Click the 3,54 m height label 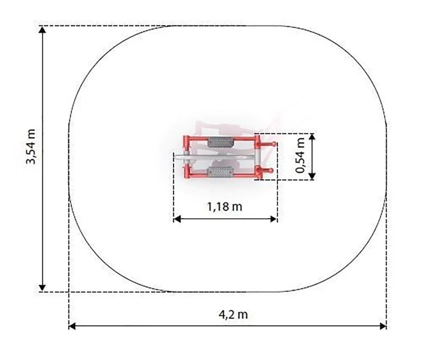pos(30,147)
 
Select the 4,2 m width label pos(233,315)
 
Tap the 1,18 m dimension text pos(225,207)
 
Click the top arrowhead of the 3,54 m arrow pos(42,29)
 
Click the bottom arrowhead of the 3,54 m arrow pos(42,288)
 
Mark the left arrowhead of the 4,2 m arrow pos(72,326)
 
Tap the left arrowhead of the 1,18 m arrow pos(177,219)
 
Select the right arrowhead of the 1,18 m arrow pos(273,219)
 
